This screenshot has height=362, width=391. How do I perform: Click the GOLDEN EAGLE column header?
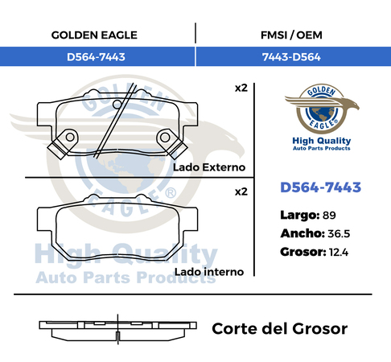click(94, 35)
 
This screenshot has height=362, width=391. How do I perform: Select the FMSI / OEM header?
click(291, 35)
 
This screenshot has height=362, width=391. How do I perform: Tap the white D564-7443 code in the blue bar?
click(96, 57)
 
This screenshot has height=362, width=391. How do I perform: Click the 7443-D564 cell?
click(291, 57)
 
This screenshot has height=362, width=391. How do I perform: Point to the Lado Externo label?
click(209, 167)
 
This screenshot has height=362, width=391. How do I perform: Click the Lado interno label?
click(209, 272)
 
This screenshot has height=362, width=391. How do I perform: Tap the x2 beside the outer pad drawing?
click(241, 88)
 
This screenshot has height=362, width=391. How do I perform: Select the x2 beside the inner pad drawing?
click(241, 192)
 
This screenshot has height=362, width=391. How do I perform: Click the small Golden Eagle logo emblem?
click(322, 109)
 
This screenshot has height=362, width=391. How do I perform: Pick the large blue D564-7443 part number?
click(321, 187)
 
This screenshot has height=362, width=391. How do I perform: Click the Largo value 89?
click(329, 216)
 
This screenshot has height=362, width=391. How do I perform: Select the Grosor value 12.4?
click(339, 253)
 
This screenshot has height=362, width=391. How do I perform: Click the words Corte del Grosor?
click(280, 329)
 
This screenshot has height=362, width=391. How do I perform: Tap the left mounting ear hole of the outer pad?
click(70, 137)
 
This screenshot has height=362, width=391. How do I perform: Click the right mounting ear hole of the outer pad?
click(165, 138)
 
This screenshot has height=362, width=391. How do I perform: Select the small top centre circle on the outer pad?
click(117, 105)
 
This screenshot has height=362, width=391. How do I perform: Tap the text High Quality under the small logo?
click(322, 141)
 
